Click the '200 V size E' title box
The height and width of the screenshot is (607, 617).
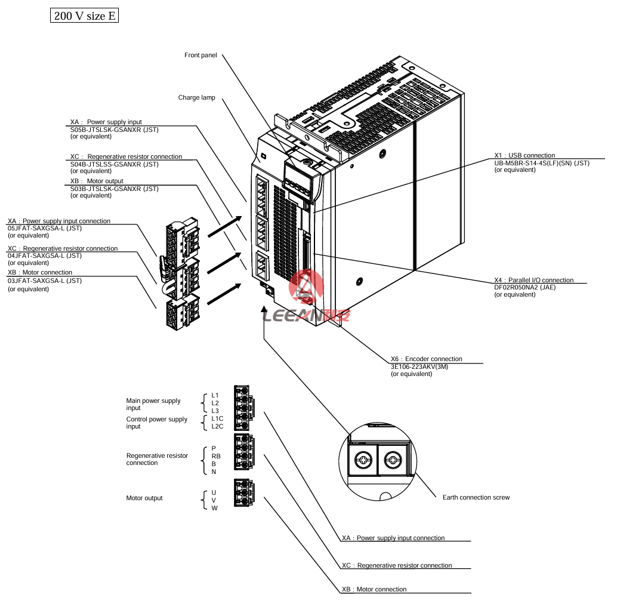point(84,16)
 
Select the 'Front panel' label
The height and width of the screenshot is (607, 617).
point(200,56)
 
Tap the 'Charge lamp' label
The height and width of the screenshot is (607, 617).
point(196,98)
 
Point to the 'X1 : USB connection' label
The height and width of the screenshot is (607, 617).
point(525,156)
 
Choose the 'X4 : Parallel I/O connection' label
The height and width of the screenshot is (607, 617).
point(533,280)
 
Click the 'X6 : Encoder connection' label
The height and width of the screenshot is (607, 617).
point(426,359)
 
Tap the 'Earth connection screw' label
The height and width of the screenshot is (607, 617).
point(476,497)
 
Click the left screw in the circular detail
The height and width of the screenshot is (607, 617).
point(363,460)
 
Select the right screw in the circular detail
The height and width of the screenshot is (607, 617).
point(393,460)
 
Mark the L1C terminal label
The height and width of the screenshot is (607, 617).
point(217,419)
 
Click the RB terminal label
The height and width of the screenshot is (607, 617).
point(216,455)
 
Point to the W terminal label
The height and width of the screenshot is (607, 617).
point(214,508)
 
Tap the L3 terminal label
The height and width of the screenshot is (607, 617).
point(215,411)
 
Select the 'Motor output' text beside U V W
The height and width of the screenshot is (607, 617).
point(144,498)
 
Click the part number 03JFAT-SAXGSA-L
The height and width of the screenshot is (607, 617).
point(45,281)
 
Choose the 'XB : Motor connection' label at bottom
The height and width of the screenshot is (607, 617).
point(374,589)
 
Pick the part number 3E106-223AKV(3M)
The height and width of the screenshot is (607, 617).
point(419,366)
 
